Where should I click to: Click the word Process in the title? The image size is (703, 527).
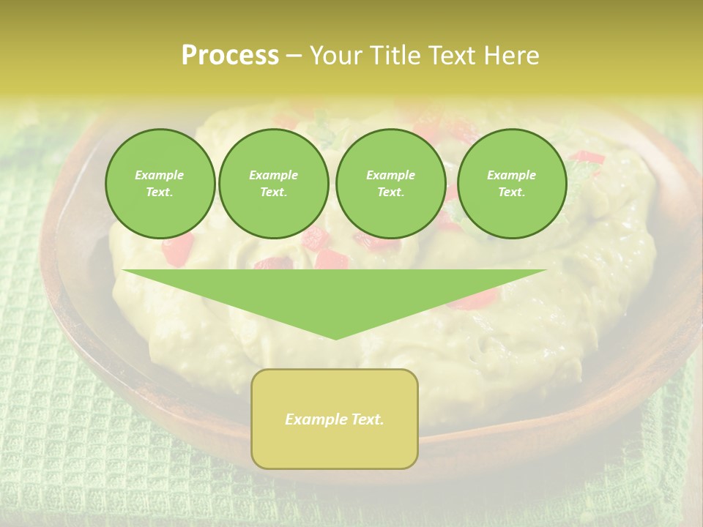pos(230,56)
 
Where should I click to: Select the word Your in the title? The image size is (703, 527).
pos(334,56)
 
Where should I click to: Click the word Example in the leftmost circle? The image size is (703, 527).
pos(160,175)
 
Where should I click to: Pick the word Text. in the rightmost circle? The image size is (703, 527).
pos(512,192)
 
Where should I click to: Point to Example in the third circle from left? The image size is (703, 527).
pos(391,175)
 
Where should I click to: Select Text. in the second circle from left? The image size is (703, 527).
pos(274,192)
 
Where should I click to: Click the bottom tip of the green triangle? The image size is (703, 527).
pos(335,337)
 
